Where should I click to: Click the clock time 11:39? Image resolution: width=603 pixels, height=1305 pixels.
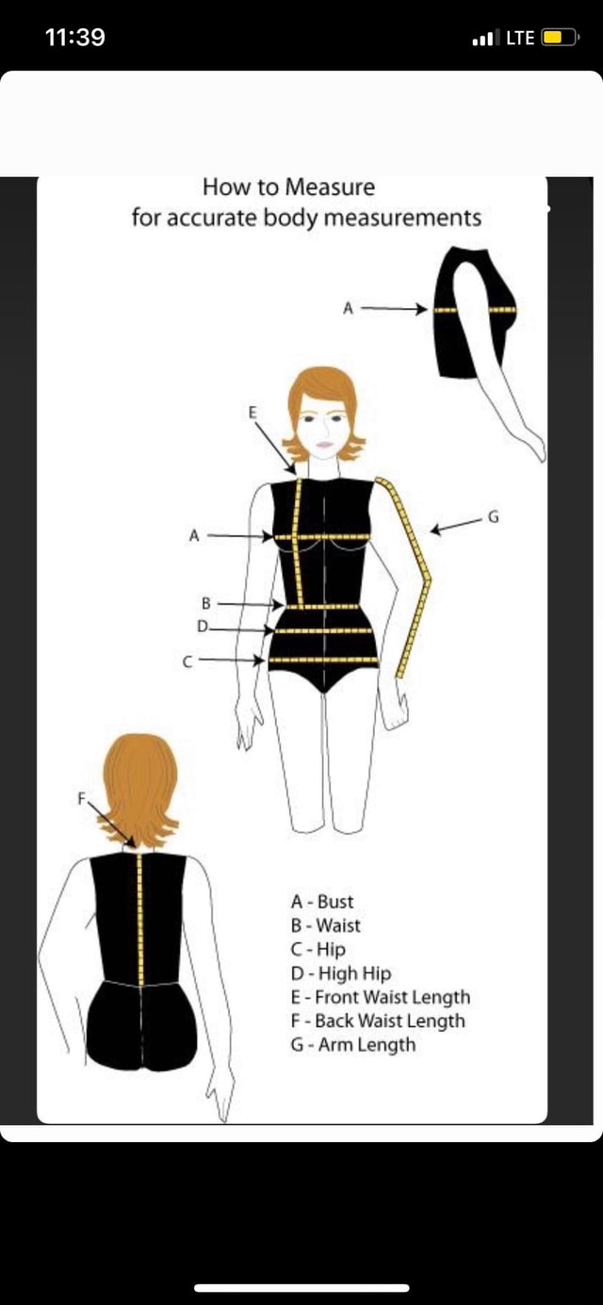coord(75,38)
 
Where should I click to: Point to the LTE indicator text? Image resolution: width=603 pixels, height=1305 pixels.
coord(520,38)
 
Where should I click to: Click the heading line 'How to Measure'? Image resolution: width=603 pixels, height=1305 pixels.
coord(288,187)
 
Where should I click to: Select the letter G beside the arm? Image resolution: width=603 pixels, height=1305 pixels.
coord(492,515)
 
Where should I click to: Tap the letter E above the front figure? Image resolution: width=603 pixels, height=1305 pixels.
coord(253,412)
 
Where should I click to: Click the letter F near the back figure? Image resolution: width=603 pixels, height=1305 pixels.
coord(81,798)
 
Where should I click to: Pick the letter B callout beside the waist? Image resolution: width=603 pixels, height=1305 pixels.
coord(204,602)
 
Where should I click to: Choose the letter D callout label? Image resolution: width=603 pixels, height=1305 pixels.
coord(203,626)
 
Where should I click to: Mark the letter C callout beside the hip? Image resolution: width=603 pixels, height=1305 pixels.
coord(187,662)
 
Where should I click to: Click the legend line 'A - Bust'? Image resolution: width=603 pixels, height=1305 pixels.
coord(322,902)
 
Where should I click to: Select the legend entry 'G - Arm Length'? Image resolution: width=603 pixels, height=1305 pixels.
coord(353,1044)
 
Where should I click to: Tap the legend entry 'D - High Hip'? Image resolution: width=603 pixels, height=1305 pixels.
coord(341,973)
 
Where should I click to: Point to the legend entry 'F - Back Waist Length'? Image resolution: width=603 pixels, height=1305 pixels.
coord(378,1020)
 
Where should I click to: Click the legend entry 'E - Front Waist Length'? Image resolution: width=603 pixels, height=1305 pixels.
coord(381,997)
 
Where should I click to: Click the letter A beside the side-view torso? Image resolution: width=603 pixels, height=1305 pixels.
coord(347,308)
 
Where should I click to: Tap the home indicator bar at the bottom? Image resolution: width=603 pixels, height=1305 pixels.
coord(301,1287)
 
